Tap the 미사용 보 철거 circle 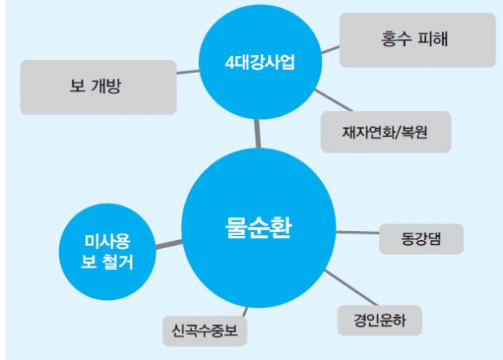point(108,252)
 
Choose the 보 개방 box point(97,87)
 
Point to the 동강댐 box point(420,239)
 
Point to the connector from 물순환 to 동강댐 point(357,233)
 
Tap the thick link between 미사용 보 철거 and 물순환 point(167,243)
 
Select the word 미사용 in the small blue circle point(108,241)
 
